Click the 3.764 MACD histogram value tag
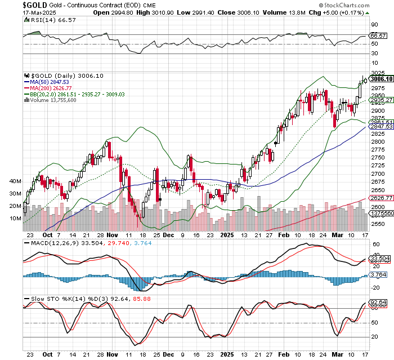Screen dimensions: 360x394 [378, 274]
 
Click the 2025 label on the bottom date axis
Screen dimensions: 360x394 [227, 355]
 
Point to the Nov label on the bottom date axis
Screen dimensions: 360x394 [113, 355]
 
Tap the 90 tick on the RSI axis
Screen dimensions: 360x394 [373, 25]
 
